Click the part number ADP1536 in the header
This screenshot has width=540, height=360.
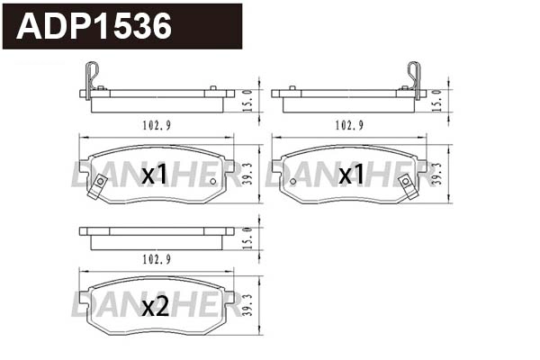pyautogui.click(x=94, y=27)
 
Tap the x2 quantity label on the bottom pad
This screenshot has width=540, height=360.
pyautogui.click(x=156, y=307)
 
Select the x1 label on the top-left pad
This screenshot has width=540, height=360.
pyautogui.click(x=155, y=175)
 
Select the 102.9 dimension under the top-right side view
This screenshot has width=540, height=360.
pyautogui.click(x=348, y=125)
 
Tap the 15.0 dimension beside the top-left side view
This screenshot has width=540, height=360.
pyautogui.click(x=247, y=98)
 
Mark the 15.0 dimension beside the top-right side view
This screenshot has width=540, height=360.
pyautogui.click(x=437, y=98)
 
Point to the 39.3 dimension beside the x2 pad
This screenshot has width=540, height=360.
pyautogui.click(x=247, y=307)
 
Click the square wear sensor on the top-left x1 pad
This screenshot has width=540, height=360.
pyautogui.click(x=99, y=184)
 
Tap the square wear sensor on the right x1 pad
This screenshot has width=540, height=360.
pyautogui.click(x=406, y=184)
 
